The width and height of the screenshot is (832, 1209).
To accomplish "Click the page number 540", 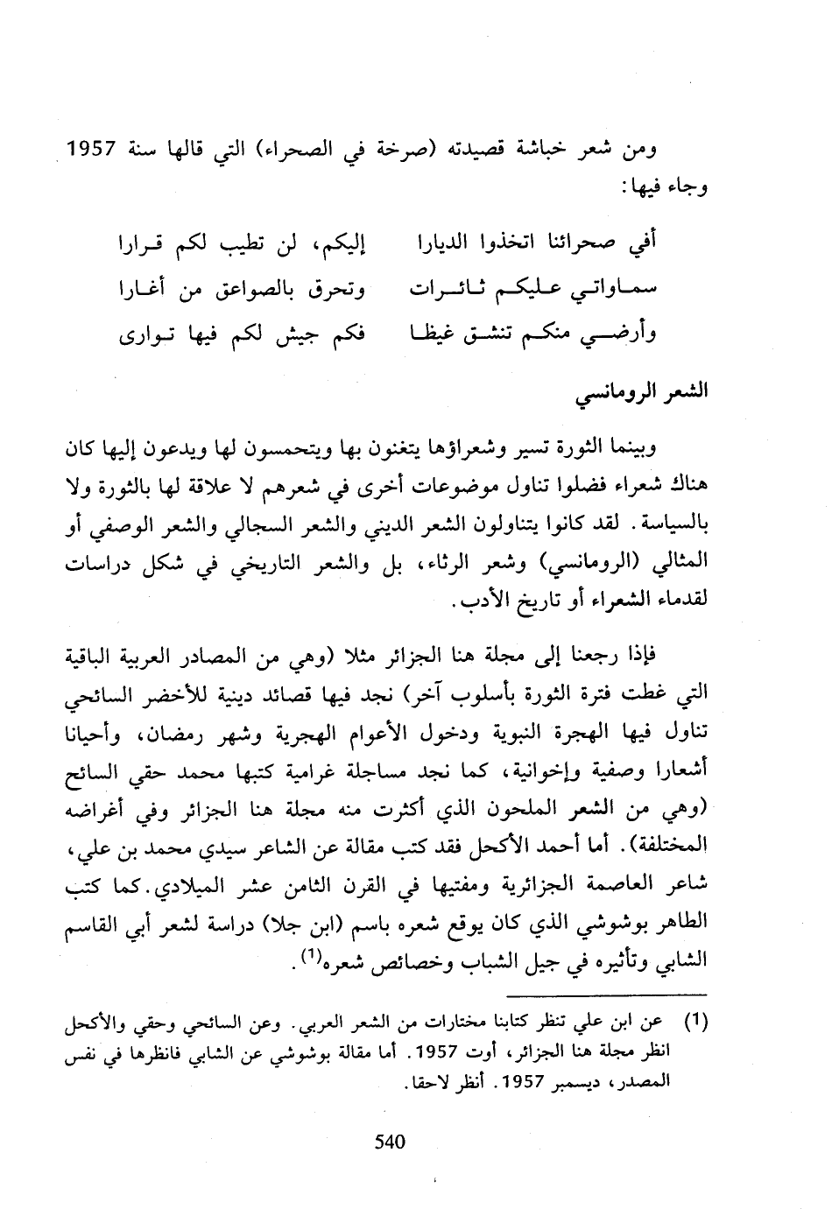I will tap(390, 1142).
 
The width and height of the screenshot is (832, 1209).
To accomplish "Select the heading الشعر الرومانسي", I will tap(643, 392).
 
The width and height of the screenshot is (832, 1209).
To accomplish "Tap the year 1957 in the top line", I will tap(88, 150).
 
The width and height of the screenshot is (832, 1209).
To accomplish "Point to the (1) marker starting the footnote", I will tap(694, 1021).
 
